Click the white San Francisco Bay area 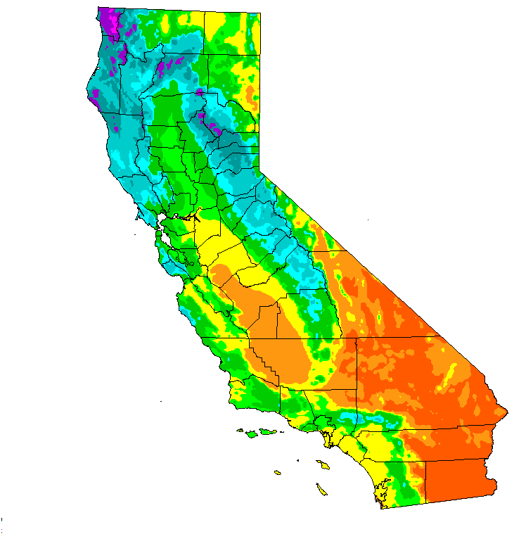click(165, 233)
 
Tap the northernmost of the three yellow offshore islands click(325, 464)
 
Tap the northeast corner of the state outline click(259, 14)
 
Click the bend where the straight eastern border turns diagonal click(259, 169)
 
